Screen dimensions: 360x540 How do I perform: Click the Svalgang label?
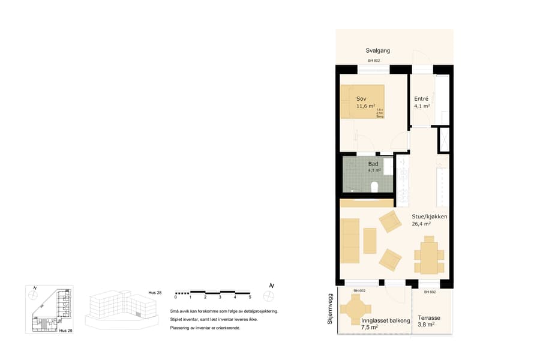[x=378, y=51]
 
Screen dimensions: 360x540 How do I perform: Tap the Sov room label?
[x=361, y=98]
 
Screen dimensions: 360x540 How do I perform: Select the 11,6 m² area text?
[x=365, y=106]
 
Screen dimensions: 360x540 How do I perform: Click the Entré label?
[x=421, y=98]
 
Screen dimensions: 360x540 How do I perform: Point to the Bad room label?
[x=373, y=163]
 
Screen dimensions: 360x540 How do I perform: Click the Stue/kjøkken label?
[x=429, y=216]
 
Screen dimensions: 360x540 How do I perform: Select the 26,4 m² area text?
[x=422, y=224]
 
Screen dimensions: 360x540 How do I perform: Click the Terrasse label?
[x=430, y=318]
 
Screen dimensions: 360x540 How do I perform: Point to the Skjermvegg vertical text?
[x=330, y=309]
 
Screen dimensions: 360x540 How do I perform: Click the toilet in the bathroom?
[x=374, y=188]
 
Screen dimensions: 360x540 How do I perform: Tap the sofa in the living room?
[x=350, y=241]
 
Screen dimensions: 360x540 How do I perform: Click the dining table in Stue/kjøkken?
[x=429, y=254]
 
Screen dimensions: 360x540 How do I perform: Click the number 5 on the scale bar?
[x=250, y=297]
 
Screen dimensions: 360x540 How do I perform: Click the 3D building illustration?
[x=118, y=308]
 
